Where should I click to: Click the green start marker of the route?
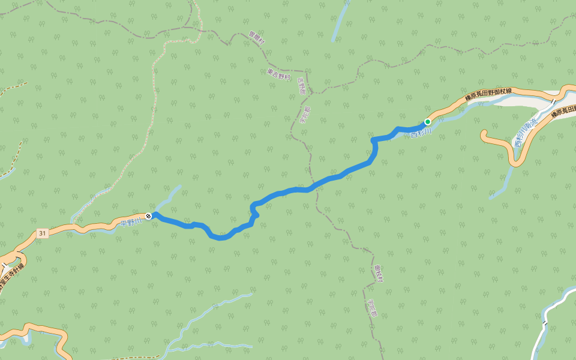pyautogui.click(x=428, y=121)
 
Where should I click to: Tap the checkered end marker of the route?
pyautogui.click(x=148, y=215)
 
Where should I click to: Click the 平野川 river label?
pyautogui.click(x=130, y=221)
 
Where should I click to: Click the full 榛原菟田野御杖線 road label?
pyautogui.click(x=488, y=95)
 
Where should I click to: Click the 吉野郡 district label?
pyautogui.click(x=301, y=91)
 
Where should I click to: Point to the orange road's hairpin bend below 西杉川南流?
pyautogui.click(x=516, y=163)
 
